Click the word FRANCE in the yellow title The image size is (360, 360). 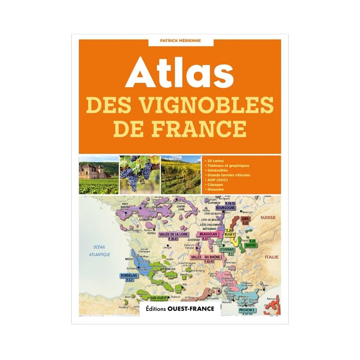click(x=180, y=128)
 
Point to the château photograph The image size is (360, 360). click(x=99, y=175)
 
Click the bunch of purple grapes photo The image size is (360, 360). click(x=139, y=175)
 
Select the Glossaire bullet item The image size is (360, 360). click(x=216, y=189)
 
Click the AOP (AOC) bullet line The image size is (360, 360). click(x=218, y=180)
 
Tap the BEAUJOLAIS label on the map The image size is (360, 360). click(x=207, y=234)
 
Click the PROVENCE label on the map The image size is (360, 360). click(x=247, y=310)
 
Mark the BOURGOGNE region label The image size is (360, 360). click(x=225, y=208)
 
